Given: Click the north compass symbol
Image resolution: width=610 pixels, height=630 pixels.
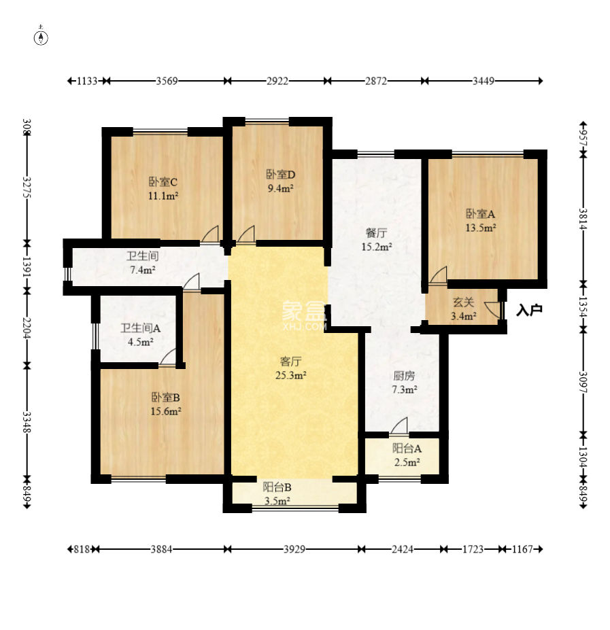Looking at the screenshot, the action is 41,36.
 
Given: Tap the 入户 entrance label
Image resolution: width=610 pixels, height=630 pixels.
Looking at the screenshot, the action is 529,310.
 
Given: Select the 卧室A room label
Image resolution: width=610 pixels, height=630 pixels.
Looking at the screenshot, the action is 481,214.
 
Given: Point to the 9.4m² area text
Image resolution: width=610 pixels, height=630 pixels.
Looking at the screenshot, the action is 281,188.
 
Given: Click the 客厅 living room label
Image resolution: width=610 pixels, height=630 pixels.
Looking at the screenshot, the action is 290,362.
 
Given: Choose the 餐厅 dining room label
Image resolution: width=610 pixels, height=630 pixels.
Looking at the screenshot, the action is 376,233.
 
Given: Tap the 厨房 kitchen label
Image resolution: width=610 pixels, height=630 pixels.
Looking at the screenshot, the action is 404,376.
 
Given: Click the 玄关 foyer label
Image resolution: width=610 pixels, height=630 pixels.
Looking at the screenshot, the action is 463,302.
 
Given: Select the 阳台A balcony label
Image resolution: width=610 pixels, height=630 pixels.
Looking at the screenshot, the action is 407,448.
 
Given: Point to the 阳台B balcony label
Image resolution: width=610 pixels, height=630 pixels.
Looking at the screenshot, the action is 277,487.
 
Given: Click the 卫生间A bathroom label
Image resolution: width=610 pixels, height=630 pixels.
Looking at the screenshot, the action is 141,328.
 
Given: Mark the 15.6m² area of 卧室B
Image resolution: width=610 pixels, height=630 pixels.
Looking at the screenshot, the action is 166,411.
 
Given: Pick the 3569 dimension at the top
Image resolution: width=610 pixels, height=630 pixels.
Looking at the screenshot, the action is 167,81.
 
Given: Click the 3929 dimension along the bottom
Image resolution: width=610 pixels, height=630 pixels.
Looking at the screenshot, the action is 294,549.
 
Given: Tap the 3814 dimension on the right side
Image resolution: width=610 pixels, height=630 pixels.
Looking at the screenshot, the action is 583,219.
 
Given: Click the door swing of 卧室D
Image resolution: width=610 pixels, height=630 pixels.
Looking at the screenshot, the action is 245,234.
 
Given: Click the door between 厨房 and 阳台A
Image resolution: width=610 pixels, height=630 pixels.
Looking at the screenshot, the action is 399,426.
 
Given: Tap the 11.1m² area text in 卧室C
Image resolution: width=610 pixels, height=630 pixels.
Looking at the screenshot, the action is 163,196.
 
